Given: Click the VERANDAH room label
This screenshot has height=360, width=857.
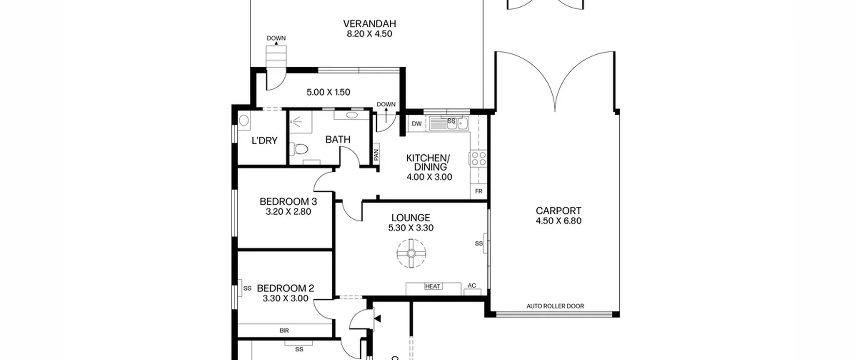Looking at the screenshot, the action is tap(369, 24).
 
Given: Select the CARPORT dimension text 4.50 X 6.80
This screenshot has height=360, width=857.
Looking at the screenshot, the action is tap(558, 221).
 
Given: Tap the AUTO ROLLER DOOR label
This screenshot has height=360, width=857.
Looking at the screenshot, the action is tap(555, 306).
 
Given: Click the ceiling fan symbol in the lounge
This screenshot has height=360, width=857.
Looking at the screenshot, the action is tap(411, 253).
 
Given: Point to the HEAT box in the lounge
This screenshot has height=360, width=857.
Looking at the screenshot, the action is tap(433, 286).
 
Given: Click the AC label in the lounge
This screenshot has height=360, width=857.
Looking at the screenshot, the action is tap(472, 286).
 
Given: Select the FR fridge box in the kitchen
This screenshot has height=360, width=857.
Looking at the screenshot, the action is tap(479, 191).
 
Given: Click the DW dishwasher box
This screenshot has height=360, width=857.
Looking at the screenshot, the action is tap(416, 124).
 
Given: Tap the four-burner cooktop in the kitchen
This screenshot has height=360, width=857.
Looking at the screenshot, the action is tap(479, 158).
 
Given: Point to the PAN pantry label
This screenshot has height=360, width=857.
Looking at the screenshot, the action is tap(376, 154).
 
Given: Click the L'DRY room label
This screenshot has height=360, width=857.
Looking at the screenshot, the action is tap(264, 141).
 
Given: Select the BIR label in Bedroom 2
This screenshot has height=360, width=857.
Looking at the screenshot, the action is tap(284, 331).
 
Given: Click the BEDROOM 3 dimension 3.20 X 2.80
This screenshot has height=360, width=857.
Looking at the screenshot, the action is tap(288, 212).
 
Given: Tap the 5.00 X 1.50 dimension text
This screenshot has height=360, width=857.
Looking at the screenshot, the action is tap(328, 92).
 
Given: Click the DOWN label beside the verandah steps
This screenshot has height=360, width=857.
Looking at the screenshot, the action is tap(276, 38).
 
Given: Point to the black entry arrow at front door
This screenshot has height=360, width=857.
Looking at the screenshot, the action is tap(377, 318).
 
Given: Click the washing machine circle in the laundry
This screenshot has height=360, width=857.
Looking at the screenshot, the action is tap(244, 120).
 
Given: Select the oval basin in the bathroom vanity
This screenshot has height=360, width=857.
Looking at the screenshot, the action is tap(352, 115).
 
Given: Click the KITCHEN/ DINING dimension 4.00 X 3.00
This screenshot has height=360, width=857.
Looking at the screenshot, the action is tap(429, 177).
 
